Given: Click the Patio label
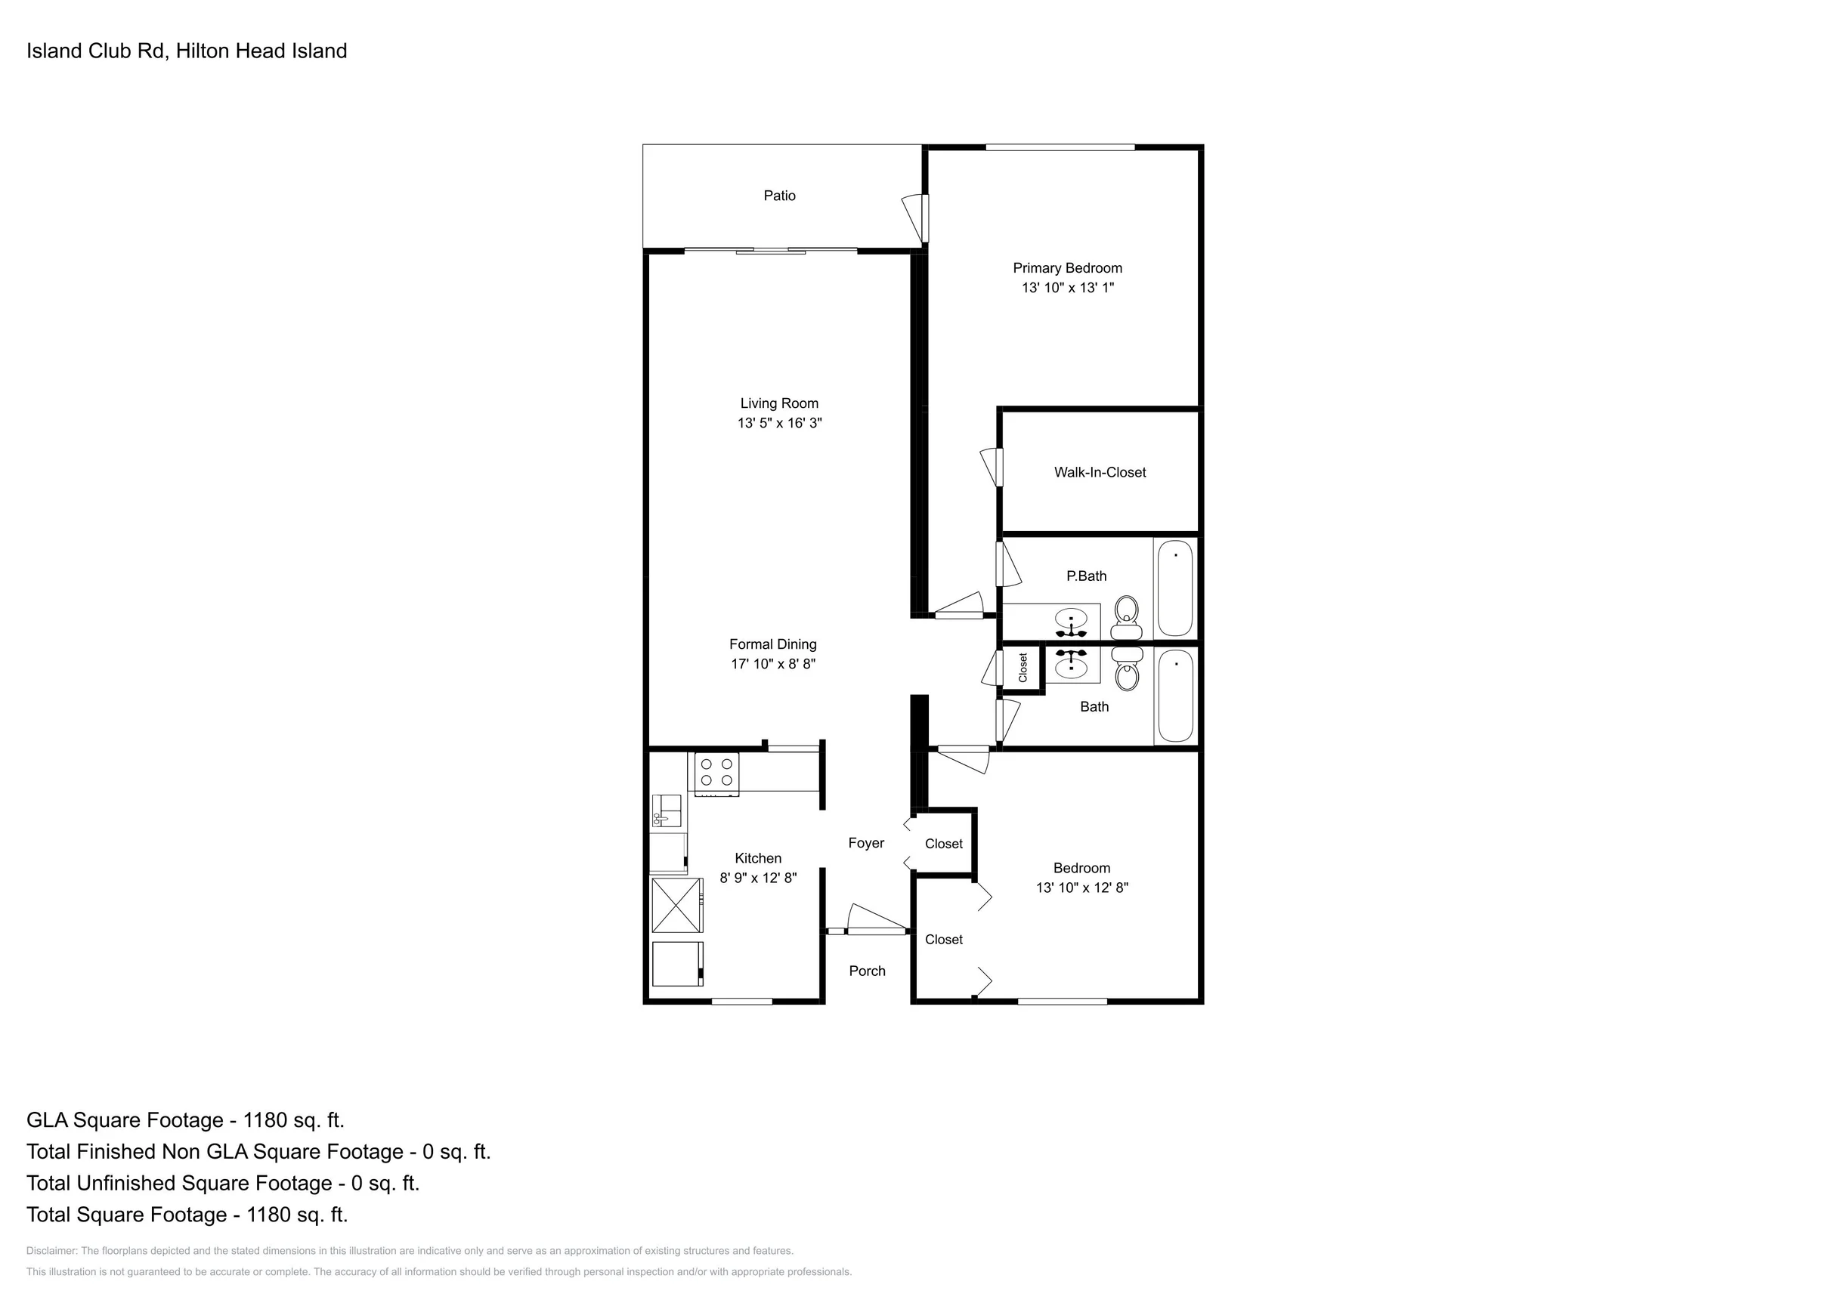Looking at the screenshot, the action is [779, 196].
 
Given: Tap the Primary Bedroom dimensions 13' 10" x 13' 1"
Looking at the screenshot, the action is [1067, 287].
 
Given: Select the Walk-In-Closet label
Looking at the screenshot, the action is [1100, 473].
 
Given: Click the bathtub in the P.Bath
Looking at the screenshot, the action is [1176, 588].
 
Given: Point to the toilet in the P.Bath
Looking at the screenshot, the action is [1127, 616].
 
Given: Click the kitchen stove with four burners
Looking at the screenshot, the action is [716, 774].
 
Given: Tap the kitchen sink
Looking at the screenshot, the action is [667, 811].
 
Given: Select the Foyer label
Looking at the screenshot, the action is [866, 843].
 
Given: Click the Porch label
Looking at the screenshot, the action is [868, 971].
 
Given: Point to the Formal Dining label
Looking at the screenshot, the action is [772, 644].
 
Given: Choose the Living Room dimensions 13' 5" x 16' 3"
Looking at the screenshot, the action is [780, 423].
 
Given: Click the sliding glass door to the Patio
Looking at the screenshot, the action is [771, 251].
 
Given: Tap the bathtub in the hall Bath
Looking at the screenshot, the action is [1176, 696].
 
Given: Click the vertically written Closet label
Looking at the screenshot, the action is [1023, 668].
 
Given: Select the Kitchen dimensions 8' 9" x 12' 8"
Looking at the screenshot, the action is [758, 878].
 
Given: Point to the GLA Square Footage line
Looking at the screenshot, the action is [185, 1120].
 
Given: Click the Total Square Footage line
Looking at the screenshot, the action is [187, 1214].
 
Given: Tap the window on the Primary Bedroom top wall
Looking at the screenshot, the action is [1060, 147].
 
